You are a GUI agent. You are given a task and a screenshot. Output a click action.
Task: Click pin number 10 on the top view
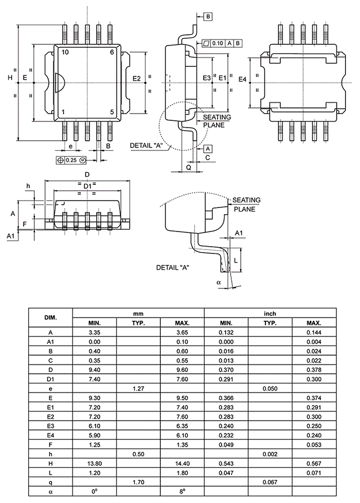65,52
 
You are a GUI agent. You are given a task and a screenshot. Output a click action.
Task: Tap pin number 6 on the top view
112,52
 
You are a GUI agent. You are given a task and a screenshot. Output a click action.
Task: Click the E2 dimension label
136,79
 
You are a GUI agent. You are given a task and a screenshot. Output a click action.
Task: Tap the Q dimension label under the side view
188,167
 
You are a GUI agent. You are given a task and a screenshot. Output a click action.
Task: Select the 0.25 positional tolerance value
71,160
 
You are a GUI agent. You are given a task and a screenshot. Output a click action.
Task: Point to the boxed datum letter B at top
208,16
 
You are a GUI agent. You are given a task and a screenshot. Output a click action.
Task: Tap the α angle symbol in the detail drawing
219,282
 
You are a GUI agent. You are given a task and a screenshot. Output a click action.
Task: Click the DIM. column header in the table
51,318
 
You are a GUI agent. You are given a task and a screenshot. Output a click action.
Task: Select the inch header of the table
269,313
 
